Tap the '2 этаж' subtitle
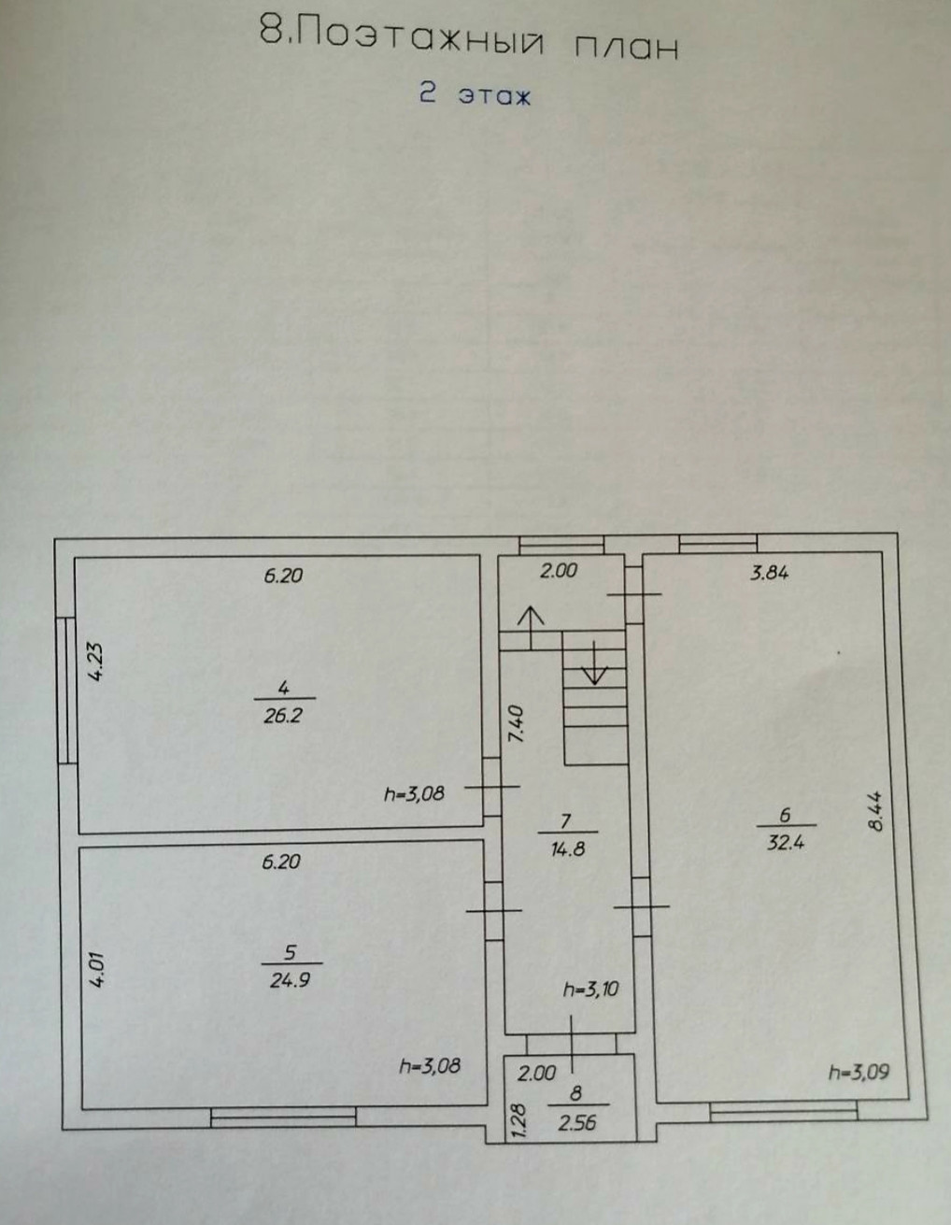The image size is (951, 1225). (475, 94)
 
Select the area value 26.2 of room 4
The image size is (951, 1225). (283, 718)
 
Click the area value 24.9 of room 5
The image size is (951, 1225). (290, 981)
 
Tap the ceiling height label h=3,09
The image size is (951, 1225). (859, 1072)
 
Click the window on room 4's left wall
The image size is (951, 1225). (65, 690)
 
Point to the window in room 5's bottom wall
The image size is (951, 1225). (283, 1115)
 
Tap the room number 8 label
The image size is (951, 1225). (575, 1090)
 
